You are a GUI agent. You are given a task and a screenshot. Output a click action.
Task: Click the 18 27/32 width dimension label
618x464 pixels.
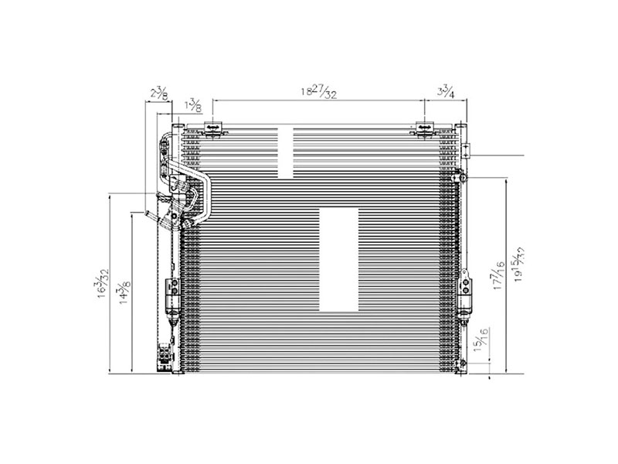click(317, 92)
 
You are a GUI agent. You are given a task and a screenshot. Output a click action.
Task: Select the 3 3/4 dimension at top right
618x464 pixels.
click(445, 92)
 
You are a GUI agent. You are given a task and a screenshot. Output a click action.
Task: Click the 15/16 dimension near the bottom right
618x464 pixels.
click(484, 340)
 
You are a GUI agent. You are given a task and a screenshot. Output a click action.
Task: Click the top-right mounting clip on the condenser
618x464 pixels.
click(423, 128)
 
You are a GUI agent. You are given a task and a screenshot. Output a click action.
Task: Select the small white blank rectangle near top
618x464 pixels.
click(286, 151)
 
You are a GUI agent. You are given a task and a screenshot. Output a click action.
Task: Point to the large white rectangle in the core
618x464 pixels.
click(338, 259)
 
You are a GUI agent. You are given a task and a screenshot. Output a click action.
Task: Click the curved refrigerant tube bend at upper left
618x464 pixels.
click(202, 186)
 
